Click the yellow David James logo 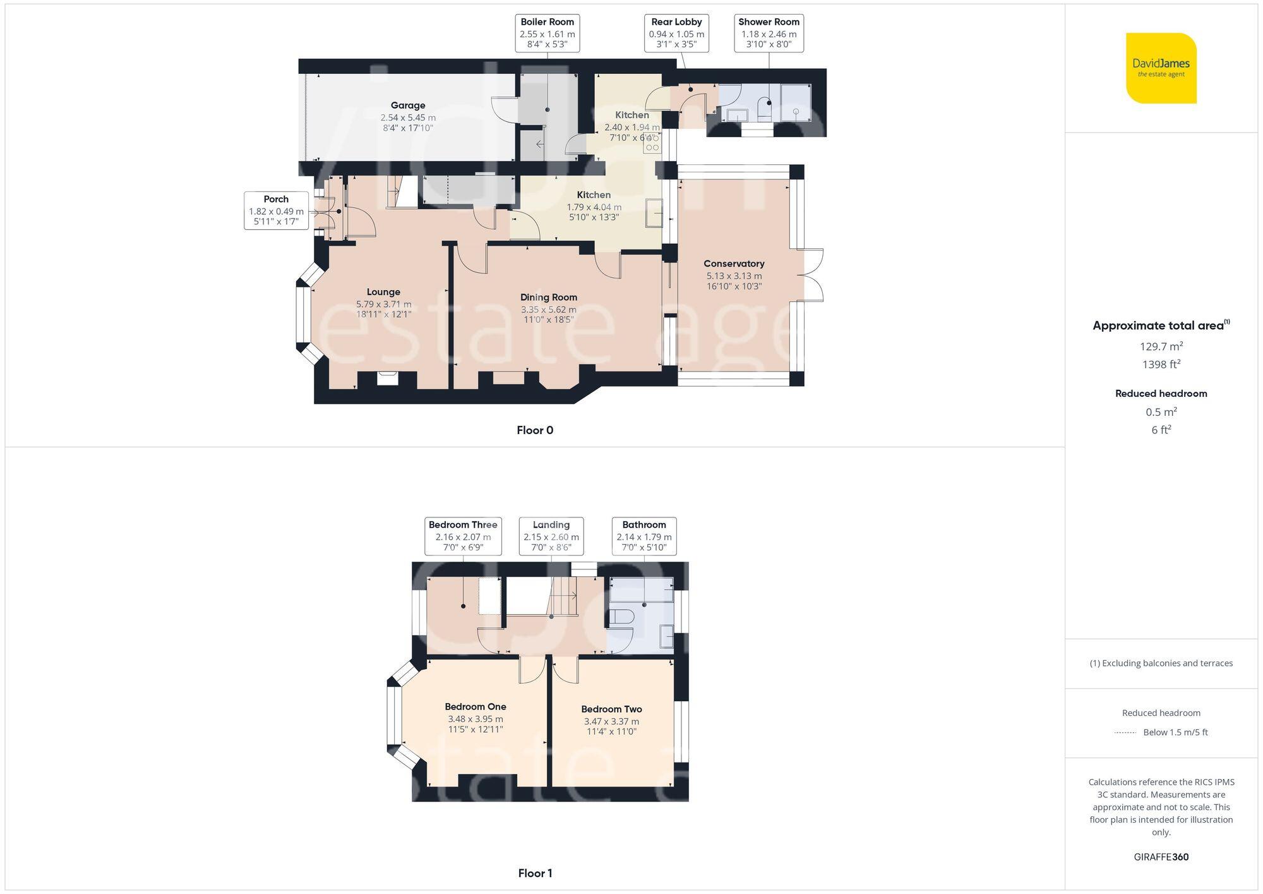(1161, 68)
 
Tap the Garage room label (407, 106)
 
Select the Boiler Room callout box (547, 33)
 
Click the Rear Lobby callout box (676, 33)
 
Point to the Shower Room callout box (769, 33)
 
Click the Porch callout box (276, 210)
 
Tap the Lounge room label (383, 292)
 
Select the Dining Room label (548, 297)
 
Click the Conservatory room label (734, 263)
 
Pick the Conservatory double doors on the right (813, 275)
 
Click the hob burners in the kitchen (652, 143)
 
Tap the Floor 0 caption (535, 430)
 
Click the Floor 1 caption (535, 873)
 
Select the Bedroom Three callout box (463, 536)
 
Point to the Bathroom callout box (643, 536)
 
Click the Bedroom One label (475, 706)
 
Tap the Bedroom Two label (611, 709)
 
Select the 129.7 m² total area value (1161, 346)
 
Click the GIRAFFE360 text (1161, 857)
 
